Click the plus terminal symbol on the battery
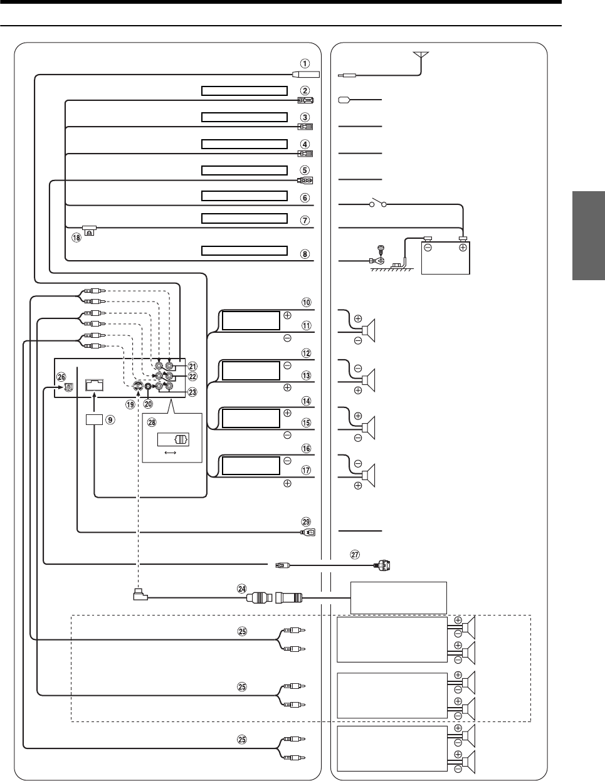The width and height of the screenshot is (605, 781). point(463,248)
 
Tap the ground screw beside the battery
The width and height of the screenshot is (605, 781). point(378,252)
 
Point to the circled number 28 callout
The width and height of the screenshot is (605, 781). point(151,422)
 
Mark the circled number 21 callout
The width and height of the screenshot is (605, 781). point(192,366)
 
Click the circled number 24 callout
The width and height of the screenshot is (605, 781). point(242,589)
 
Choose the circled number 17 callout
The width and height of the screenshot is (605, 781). point(305,469)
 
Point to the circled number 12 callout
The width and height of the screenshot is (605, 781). point(305,353)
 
